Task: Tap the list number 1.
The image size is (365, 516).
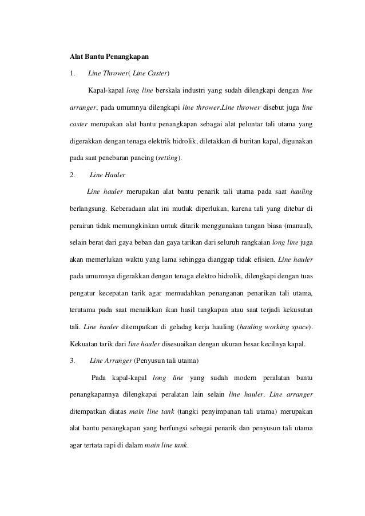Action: click(71, 74)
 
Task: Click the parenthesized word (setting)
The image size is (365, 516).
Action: click(170, 157)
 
